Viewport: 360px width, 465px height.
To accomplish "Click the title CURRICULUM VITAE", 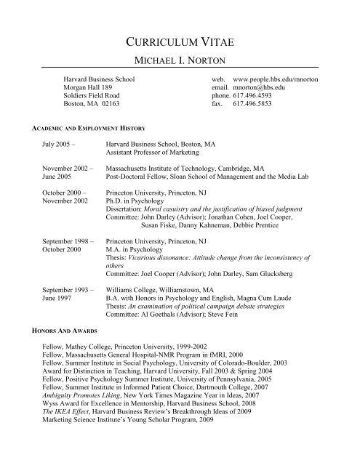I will click(x=179, y=41).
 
